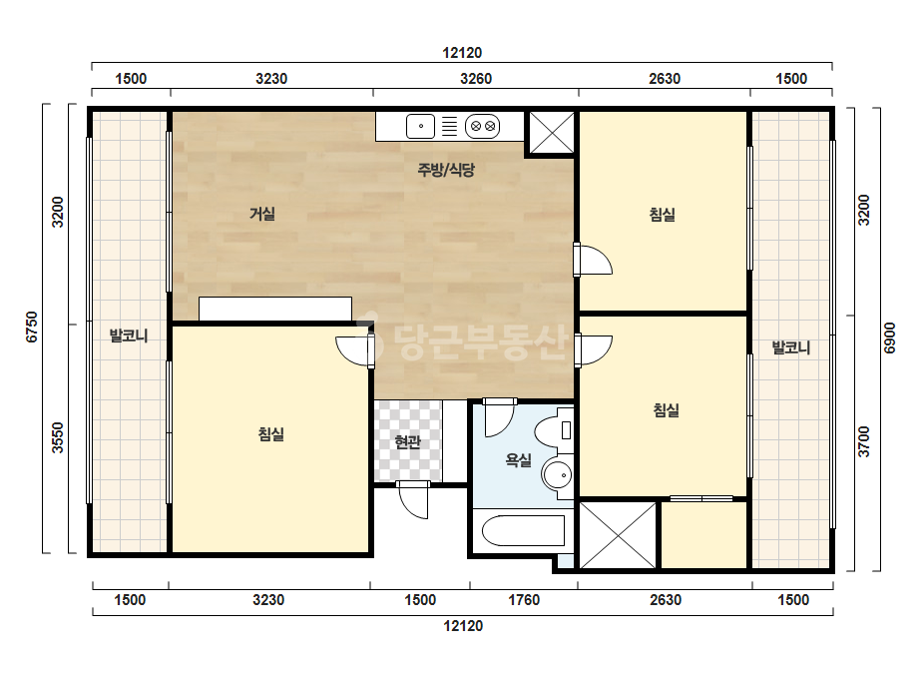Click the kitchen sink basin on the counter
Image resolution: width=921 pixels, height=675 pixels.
(420, 127)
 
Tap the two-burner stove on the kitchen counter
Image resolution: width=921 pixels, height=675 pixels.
(482, 127)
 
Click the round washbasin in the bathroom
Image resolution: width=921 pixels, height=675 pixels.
(557, 474)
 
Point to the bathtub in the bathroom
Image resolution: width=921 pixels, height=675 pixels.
(523, 531)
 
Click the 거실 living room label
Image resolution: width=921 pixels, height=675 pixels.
(262, 214)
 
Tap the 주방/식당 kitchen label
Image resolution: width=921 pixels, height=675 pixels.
(446, 170)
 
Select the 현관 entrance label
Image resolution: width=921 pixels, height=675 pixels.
(408, 441)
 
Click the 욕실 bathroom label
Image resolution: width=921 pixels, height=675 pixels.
(518, 459)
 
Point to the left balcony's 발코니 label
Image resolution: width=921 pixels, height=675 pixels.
(129, 337)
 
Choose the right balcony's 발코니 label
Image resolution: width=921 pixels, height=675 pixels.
(790, 347)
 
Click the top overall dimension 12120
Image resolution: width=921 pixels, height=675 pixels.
(462, 53)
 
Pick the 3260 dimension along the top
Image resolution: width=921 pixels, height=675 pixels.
(476, 79)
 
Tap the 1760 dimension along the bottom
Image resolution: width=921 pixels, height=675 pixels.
(523, 600)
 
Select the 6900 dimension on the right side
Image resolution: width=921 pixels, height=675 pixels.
(890, 338)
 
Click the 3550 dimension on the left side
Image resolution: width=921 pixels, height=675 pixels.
(57, 438)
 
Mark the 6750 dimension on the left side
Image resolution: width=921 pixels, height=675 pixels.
(32, 327)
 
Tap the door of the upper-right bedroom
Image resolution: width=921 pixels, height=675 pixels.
(594, 260)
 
